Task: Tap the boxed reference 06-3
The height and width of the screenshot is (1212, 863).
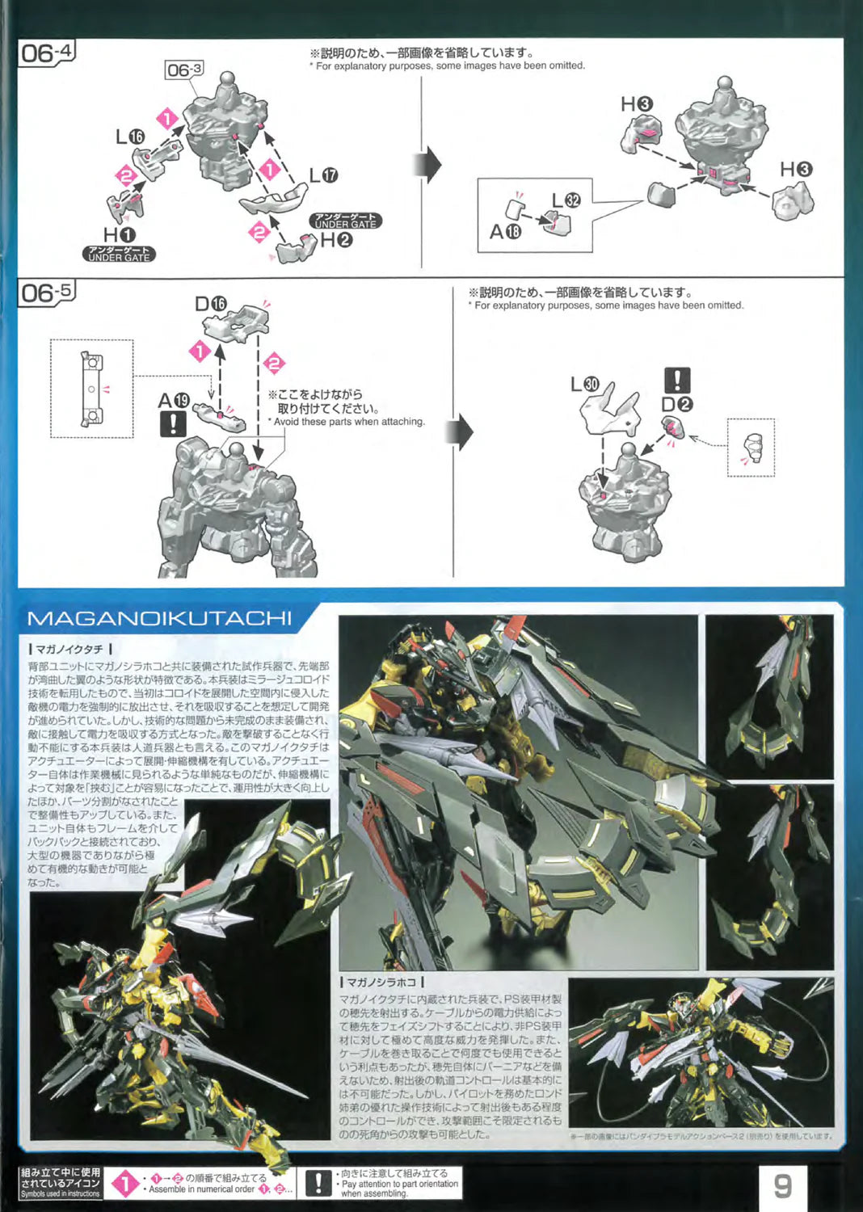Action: [183, 70]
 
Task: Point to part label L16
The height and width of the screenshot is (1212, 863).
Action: [129, 137]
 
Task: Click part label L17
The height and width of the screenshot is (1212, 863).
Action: [323, 175]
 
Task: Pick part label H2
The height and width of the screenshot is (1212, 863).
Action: [336, 240]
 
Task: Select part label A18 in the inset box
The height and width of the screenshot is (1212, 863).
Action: [505, 232]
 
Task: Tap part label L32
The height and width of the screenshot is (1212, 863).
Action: [566, 200]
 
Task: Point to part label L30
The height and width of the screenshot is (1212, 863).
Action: [585, 384]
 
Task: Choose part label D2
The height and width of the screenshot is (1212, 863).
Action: [676, 404]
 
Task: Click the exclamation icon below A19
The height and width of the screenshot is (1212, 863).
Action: [173, 423]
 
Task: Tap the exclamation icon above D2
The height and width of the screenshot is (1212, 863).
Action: [676, 380]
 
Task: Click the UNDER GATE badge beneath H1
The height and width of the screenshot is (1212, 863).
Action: [118, 254]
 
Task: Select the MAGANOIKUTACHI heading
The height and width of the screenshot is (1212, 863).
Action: [159, 619]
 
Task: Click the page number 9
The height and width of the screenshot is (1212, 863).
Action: [782, 1185]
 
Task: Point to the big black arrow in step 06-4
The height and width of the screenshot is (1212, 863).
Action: [428, 165]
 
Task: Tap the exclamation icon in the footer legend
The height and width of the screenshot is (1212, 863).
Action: [318, 1183]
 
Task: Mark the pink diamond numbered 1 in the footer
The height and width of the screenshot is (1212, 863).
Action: [124, 1185]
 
